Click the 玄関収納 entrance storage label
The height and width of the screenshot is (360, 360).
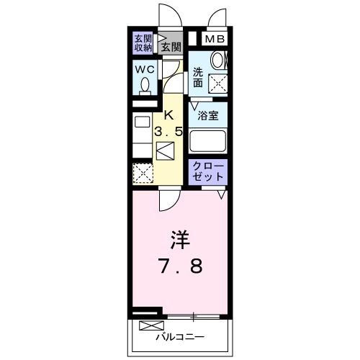coord(143,43)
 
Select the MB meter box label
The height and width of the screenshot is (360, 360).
coord(215,40)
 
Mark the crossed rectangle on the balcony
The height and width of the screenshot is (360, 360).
coord(146,325)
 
